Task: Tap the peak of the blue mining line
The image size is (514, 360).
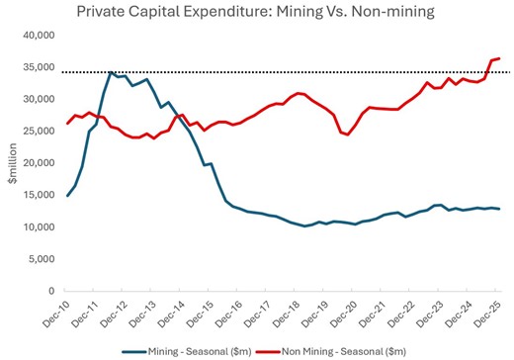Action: tap(112, 72)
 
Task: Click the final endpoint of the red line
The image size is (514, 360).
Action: tap(499, 58)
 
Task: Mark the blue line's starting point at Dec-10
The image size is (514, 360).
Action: tap(67, 196)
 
